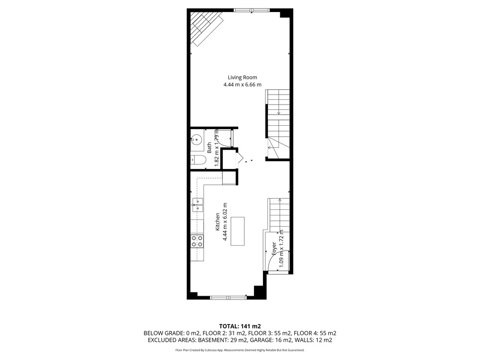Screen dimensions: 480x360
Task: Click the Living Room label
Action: pyautogui.click(x=242, y=77)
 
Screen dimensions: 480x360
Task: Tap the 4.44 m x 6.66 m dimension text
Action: pyautogui.click(x=242, y=84)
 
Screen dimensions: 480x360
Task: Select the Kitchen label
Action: pyautogui.click(x=217, y=222)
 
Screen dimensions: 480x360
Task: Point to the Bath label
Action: pyautogui.click(x=209, y=147)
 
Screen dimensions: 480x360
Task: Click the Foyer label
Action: pyautogui.click(x=274, y=249)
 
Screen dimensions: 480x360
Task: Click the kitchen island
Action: pyautogui.click(x=238, y=231)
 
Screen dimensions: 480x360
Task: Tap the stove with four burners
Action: pyautogui.click(x=197, y=241)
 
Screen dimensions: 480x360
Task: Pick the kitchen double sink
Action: pyautogui.click(x=197, y=205)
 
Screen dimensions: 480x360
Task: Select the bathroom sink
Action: pyautogui.click(x=196, y=140)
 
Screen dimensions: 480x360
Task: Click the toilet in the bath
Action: pyautogui.click(x=198, y=160)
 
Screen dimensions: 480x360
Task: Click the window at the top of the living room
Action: pyautogui.click(x=252, y=11)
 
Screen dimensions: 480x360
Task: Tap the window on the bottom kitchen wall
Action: pyautogui.click(x=228, y=297)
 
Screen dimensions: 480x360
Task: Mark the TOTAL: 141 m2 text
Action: pyautogui.click(x=240, y=326)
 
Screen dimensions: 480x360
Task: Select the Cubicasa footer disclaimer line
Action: pyautogui.click(x=240, y=350)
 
